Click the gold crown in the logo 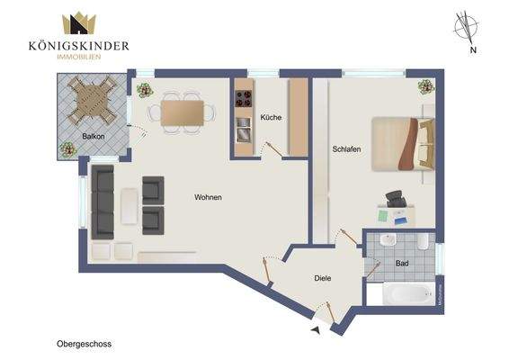pyautogui.click(x=80, y=24)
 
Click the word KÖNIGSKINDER pyautogui.click(x=80, y=46)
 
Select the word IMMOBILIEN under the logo pyautogui.click(x=80, y=57)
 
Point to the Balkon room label pyautogui.click(x=94, y=137)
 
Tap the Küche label pyautogui.click(x=271, y=118)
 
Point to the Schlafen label pyautogui.click(x=346, y=148)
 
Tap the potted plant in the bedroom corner pyautogui.click(x=424, y=86)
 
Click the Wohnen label pyautogui.click(x=208, y=197)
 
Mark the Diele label pyautogui.click(x=322, y=278)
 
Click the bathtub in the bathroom pyautogui.click(x=401, y=293)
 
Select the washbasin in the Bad pyautogui.click(x=387, y=241)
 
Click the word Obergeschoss pyautogui.click(x=83, y=343)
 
